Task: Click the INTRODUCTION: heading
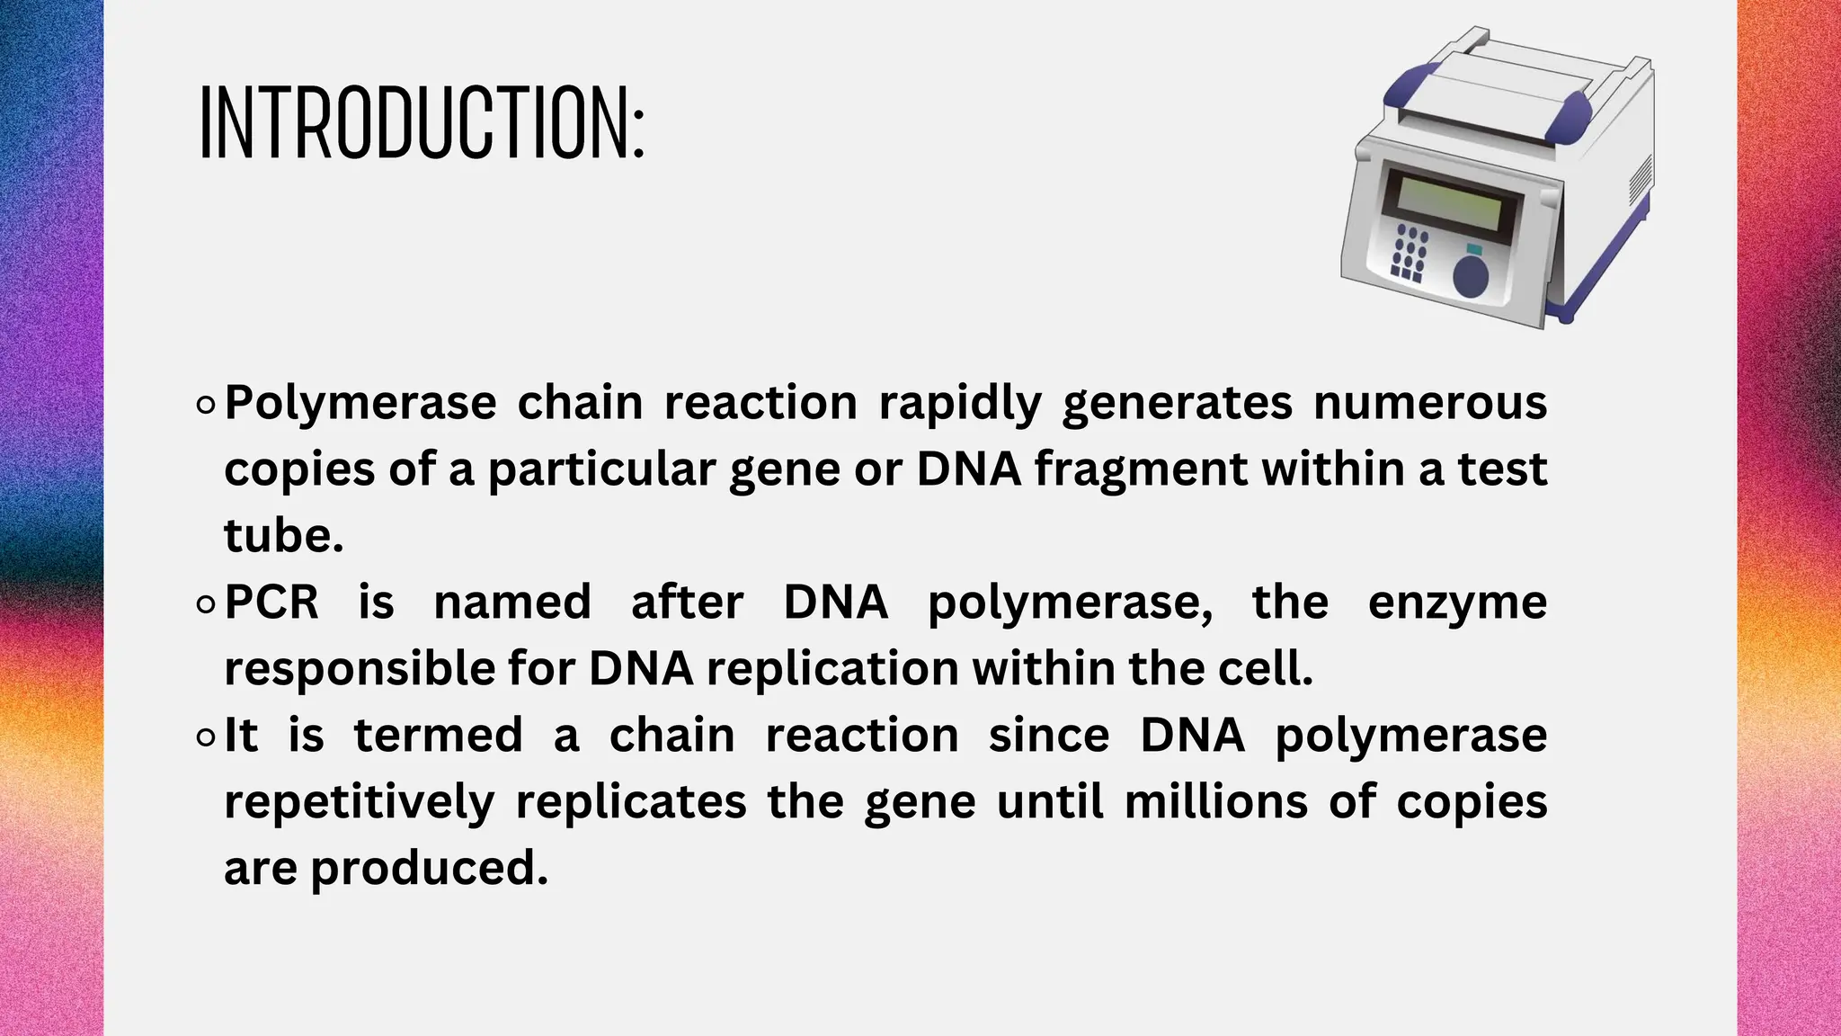pos(422,123)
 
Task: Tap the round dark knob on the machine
pos(1472,276)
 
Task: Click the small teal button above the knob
pos(1474,248)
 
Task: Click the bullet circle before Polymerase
pos(205,406)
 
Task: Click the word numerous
pos(1429,402)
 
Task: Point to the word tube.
pos(282,535)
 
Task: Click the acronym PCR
pos(271,602)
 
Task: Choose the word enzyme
pos(1456,603)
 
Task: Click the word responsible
pos(358,668)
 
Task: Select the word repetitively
pos(359,801)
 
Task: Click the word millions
pos(1215,801)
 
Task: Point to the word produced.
pos(429,868)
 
